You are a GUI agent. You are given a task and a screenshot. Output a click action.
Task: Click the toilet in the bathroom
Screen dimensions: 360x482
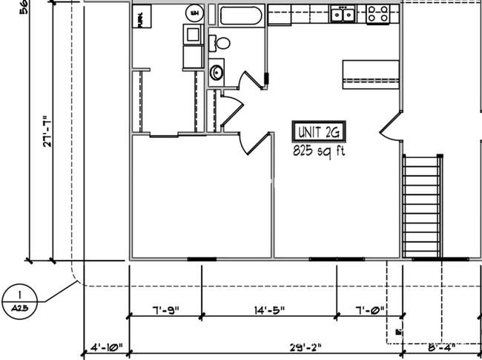tap(220, 42)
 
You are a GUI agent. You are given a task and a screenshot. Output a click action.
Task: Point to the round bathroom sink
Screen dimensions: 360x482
tap(217, 72)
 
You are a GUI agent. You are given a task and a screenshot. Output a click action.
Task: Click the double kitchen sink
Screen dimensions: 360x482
tap(343, 13)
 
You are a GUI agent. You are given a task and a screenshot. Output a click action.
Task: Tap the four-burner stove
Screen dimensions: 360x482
tap(377, 13)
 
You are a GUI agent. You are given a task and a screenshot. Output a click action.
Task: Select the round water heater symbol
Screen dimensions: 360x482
tap(195, 13)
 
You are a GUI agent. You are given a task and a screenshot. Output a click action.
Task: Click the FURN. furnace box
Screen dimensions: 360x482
tap(141, 16)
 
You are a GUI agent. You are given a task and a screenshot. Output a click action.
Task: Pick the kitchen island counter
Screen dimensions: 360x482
tap(371, 73)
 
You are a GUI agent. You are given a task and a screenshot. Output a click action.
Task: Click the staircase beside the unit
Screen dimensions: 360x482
tap(422, 206)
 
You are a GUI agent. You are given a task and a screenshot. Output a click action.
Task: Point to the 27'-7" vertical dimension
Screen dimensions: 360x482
tap(45, 132)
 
